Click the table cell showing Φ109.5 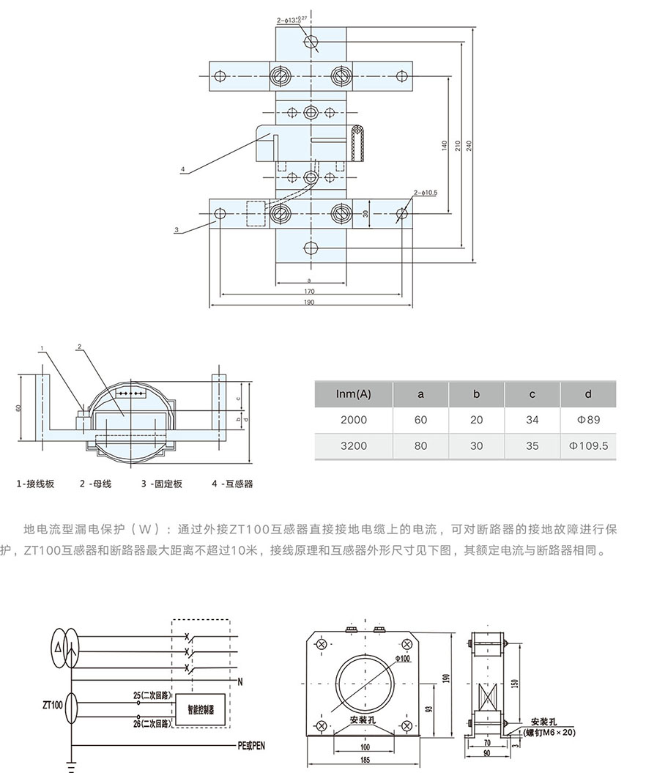point(587,445)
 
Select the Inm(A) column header point(354,394)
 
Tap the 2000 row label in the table point(354,420)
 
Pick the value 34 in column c point(532,420)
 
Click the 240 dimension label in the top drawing point(469,145)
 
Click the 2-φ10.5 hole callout point(425,192)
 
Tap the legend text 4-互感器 point(232,484)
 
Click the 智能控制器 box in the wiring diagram point(201,709)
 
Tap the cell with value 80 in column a point(420,445)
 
